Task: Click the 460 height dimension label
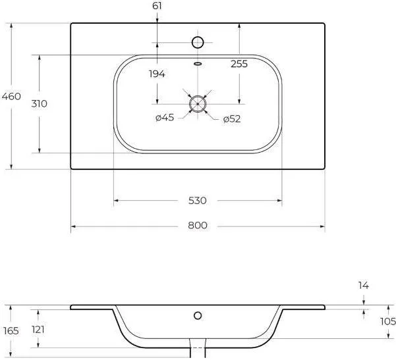click(11, 96)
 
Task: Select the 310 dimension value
click(39, 103)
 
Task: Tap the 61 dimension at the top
click(157, 6)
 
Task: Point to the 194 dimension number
click(157, 74)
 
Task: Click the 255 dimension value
click(239, 64)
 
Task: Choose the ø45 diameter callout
click(165, 117)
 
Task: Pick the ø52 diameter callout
click(232, 119)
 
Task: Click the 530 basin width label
click(198, 201)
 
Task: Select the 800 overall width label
click(198, 225)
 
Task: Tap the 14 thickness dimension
click(364, 286)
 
